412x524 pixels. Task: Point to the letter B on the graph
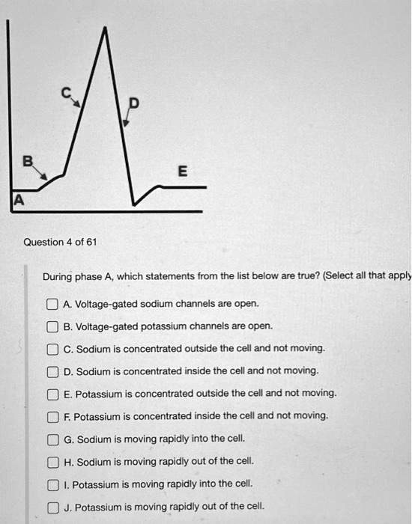click(28, 159)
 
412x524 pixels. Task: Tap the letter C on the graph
click(66, 92)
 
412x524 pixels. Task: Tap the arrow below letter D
click(127, 118)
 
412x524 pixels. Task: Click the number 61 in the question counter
click(91, 242)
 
